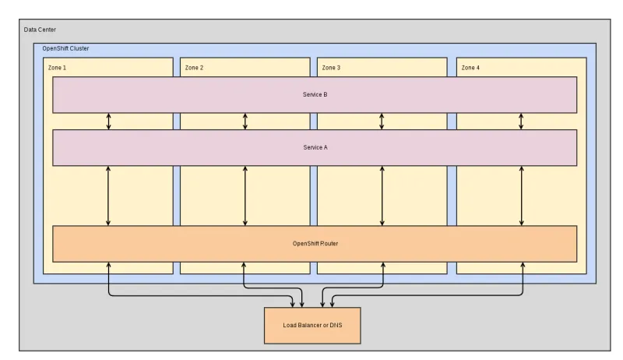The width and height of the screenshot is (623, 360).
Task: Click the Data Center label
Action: [40, 30]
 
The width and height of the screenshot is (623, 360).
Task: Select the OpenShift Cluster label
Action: [65, 48]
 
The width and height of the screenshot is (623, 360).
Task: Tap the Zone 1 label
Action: [58, 68]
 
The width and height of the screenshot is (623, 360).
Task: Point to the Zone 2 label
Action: [194, 68]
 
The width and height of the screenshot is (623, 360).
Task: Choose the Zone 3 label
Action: [330, 68]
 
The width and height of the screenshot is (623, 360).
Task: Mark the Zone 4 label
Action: [470, 68]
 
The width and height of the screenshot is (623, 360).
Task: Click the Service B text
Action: [315, 94]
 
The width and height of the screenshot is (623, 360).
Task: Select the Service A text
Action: [315, 147]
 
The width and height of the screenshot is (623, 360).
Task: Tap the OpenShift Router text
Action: [315, 243]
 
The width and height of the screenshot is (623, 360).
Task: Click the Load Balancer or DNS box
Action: [312, 324]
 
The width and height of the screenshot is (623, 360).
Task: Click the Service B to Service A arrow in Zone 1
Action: [108, 121]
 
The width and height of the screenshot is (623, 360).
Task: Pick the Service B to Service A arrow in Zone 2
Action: [245, 121]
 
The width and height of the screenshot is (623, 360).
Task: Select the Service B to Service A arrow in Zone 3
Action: [382, 121]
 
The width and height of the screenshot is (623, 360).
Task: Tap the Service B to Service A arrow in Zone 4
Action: [522, 121]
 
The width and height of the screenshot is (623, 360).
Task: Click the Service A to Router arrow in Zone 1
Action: [108, 196]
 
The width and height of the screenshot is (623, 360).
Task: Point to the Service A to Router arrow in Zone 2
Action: [245, 196]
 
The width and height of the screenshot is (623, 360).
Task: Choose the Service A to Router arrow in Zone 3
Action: [382, 196]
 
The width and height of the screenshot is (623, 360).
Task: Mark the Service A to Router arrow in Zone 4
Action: [522, 196]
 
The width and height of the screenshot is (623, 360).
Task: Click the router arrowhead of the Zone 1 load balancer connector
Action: [108, 266]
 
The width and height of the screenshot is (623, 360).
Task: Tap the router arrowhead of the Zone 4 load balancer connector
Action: [522, 266]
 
